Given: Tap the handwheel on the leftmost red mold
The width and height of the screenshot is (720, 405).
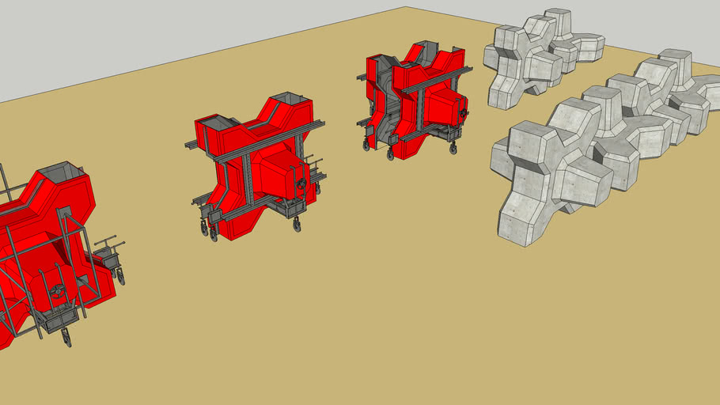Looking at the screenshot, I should click(x=57, y=290).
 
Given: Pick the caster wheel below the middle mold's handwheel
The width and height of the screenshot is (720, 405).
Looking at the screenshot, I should click(x=297, y=225).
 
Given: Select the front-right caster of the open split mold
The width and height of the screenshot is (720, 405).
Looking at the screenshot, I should click(x=453, y=148).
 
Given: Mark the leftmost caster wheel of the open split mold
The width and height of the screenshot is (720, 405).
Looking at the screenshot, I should click(x=366, y=145).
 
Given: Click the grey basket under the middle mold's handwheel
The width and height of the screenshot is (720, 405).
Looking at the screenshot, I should click(x=290, y=207).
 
